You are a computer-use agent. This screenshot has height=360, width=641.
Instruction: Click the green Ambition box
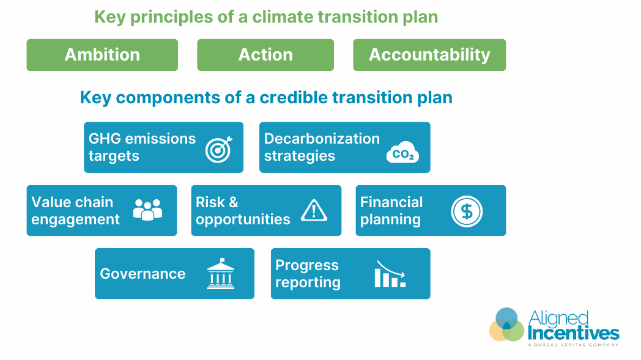[x=102, y=55]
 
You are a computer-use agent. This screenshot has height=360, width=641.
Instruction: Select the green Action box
[x=265, y=55]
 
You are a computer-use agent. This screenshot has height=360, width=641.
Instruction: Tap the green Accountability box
[x=429, y=55]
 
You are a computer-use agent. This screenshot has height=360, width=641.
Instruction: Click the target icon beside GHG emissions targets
[x=217, y=149]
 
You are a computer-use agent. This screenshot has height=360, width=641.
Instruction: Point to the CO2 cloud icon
[x=402, y=153]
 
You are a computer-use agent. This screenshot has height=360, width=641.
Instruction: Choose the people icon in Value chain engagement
[x=147, y=210]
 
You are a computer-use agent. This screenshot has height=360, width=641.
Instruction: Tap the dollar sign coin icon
[x=467, y=211]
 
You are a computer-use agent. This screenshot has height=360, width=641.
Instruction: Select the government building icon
[x=220, y=273]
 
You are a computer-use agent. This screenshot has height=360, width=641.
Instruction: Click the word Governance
[x=143, y=274]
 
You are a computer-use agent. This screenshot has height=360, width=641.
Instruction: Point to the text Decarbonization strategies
[x=322, y=147]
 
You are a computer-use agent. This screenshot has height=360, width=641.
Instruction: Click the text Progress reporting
[x=308, y=274]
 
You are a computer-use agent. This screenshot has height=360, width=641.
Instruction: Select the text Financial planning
[x=391, y=211]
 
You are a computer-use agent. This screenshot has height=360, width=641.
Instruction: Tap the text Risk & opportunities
[x=243, y=211]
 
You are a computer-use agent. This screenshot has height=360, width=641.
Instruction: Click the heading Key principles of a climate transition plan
[x=266, y=17]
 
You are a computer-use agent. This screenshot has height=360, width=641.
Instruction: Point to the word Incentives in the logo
[x=573, y=333]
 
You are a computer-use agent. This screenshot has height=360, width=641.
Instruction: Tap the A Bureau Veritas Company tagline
[x=572, y=345]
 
